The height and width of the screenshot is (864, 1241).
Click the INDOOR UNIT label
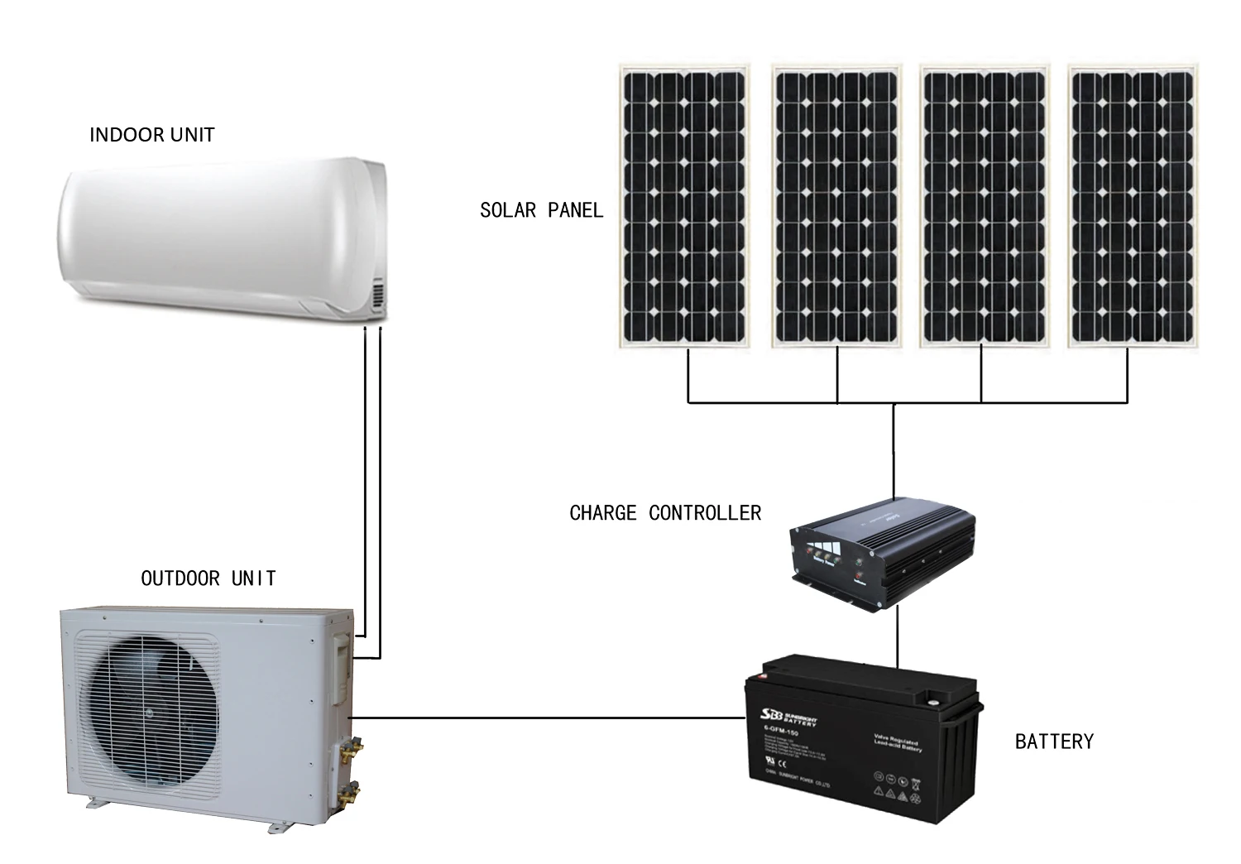(151, 135)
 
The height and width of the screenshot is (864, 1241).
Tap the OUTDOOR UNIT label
(208, 578)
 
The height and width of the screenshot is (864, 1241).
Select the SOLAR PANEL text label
(541, 210)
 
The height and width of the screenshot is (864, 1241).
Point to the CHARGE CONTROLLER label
(664, 513)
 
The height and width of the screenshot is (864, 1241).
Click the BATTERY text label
(1053, 742)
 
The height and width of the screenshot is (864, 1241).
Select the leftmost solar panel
(684, 207)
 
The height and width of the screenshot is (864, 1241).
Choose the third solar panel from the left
(984, 207)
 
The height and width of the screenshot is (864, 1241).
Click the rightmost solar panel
(1132, 207)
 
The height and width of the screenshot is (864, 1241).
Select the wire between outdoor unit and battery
(546, 718)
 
